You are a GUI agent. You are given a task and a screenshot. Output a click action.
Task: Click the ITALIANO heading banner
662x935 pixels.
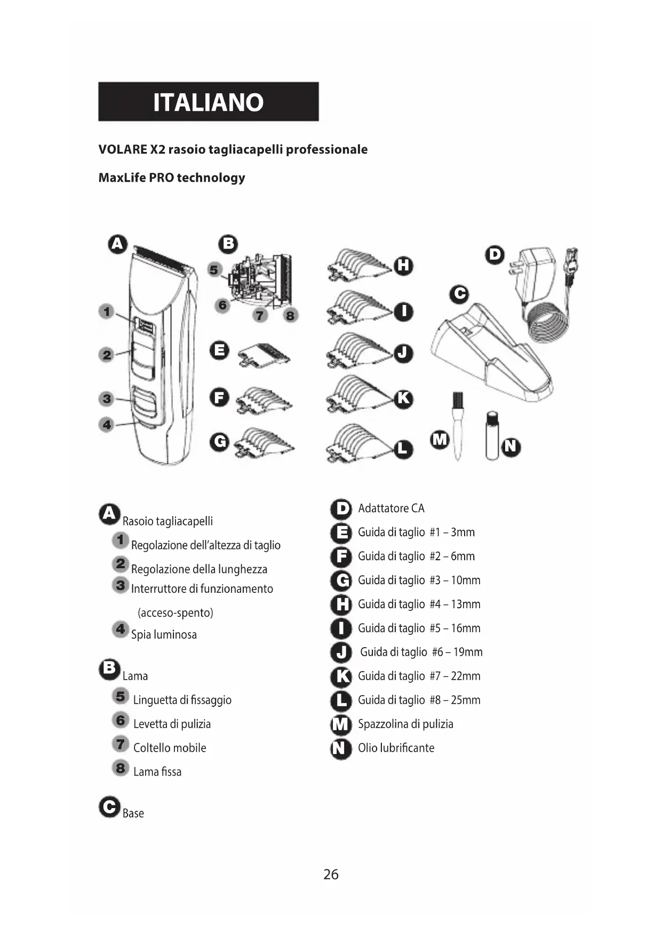click(x=209, y=102)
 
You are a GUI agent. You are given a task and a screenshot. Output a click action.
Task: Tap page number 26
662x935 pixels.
click(x=331, y=874)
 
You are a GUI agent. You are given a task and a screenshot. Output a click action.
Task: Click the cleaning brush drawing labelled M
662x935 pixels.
click(x=457, y=426)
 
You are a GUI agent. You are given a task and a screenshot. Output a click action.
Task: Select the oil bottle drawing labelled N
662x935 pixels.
click(x=492, y=436)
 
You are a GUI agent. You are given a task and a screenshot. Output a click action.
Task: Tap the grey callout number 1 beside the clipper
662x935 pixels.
click(x=107, y=311)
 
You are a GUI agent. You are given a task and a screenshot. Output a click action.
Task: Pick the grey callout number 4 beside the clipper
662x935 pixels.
click(x=107, y=425)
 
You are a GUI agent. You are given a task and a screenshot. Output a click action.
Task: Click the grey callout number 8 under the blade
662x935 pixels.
click(x=290, y=316)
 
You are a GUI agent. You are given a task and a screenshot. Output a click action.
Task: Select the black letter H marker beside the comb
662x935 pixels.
click(x=404, y=265)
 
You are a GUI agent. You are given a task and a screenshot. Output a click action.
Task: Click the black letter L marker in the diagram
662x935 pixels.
click(x=403, y=448)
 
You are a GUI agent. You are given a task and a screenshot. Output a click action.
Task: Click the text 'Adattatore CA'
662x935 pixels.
click(x=391, y=508)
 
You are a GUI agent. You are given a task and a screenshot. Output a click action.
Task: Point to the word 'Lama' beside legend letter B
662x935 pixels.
click(x=135, y=676)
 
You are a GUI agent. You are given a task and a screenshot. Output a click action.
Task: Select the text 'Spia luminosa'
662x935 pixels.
click(x=164, y=634)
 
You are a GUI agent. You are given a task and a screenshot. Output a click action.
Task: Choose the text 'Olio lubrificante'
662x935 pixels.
click(x=396, y=748)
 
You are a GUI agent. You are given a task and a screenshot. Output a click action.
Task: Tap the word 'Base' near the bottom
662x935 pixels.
click(x=133, y=813)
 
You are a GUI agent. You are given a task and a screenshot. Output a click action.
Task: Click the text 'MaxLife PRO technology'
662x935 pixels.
click(x=172, y=178)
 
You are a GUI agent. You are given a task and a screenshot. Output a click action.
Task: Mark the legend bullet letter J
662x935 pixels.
click(x=341, y=652)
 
